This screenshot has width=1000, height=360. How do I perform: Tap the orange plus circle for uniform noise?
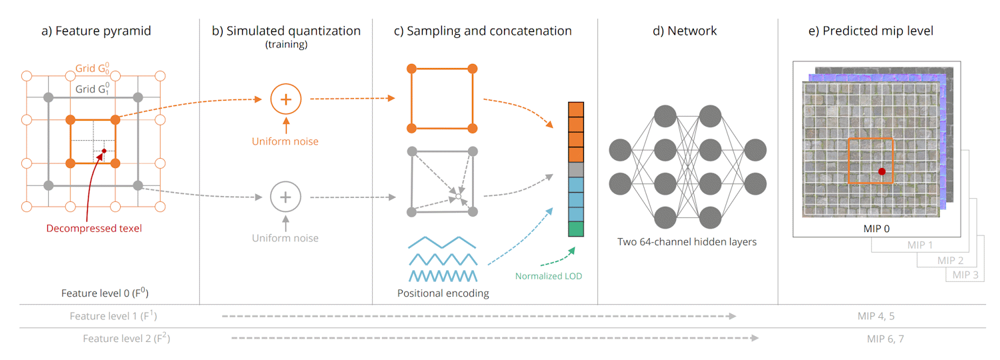286,99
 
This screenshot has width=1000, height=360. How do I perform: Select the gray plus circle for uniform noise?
286,197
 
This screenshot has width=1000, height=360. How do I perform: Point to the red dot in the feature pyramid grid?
104,151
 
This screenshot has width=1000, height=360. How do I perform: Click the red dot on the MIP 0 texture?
881,171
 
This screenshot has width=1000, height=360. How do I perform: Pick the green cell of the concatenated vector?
576,229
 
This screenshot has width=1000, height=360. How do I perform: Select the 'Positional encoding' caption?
443,293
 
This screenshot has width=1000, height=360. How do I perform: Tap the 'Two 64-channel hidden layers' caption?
687,242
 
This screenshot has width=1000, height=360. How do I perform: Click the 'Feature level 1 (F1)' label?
113,316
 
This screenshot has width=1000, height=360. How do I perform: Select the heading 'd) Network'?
687,31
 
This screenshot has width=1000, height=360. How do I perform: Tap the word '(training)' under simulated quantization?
286,45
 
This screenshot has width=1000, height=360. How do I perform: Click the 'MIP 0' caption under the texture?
876,228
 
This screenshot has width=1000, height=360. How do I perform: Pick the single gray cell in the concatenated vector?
576,169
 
